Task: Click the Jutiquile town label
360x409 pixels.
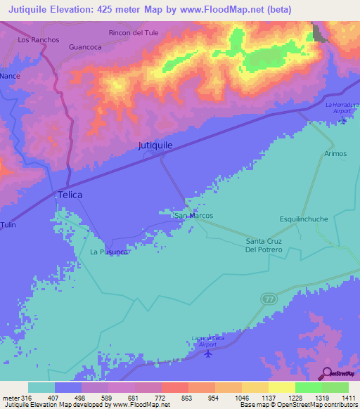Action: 155,145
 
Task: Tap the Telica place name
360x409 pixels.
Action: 70,195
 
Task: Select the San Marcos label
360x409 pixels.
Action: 193,216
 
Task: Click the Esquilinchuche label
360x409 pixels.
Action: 304,219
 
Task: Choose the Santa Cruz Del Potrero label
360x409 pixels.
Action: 264,245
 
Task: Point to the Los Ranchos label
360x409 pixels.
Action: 39,40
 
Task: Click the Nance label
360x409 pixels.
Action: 10,74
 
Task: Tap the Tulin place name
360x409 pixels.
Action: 8,224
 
